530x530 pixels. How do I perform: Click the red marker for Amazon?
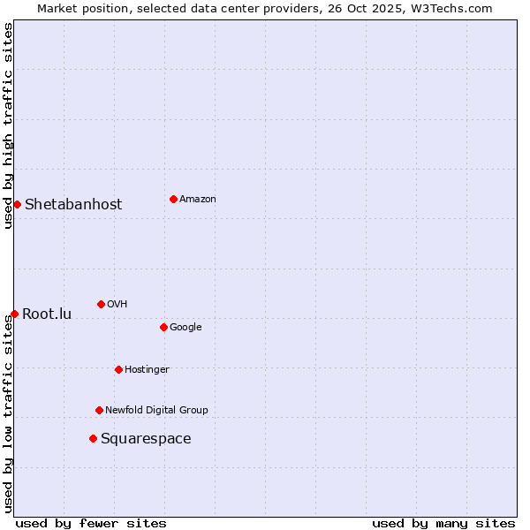coord(173,199)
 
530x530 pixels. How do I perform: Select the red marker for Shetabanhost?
coord(17,204)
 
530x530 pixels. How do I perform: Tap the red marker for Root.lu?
coord(14,314)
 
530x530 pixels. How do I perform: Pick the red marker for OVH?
coord(101,304)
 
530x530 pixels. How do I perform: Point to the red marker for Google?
coord(163,327)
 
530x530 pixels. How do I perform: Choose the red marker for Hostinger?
coord(118,369)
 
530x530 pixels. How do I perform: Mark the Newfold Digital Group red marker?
coord(99,410)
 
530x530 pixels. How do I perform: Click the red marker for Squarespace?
coord(93,438)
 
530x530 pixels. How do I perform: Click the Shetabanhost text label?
coord(73,204)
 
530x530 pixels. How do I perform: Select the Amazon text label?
coord(198,199)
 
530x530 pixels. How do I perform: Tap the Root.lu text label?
coord(47,314)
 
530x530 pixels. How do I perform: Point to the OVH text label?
coord(117,304)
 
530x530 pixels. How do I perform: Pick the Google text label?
coord(185,327)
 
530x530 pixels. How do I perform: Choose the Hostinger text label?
coord(147,369)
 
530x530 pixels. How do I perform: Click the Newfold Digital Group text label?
coord(156,410)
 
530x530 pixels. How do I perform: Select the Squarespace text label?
coord(146,438)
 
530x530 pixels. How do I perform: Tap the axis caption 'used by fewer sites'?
coord(91,523)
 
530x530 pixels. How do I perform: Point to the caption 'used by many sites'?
coord(443,523)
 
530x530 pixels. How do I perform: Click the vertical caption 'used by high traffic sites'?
coord(8,125)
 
